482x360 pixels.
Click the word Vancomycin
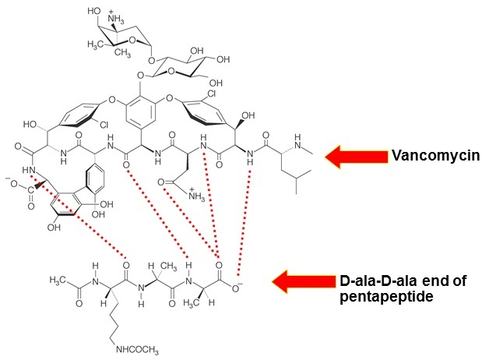pos(427,156)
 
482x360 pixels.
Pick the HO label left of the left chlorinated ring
pos(31,124)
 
